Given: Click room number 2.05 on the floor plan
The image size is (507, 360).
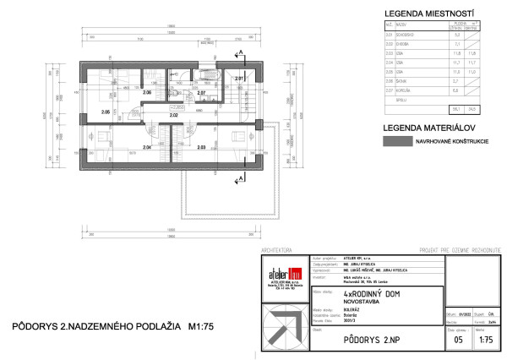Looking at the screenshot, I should (106, 112).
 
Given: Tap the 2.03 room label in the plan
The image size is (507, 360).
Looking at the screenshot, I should (201, 147).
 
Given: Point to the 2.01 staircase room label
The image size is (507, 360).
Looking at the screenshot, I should (239, 79).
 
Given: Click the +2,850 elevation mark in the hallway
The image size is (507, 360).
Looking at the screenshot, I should (177, 107).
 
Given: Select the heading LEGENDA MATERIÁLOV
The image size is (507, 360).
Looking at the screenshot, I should (420, 128).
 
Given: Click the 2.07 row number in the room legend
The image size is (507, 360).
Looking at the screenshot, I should (390, 90).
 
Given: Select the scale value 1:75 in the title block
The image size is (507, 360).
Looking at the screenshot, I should (486, 340).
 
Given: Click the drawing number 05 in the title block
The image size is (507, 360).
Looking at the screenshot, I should (458, 340).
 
